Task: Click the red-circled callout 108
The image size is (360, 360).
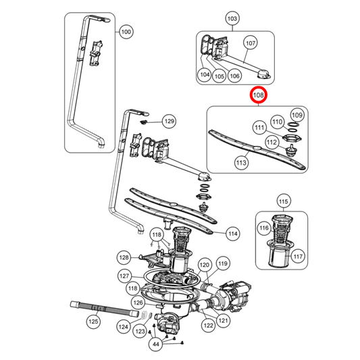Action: (259, 97)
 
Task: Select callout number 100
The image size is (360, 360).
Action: (126, 32)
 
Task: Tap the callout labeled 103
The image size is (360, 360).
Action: (232, 18)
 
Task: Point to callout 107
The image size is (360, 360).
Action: (250, 43)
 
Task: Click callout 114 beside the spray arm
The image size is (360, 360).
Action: (232, 234)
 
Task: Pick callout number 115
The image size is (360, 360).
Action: (284, 201)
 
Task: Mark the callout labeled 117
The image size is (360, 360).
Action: (299, 256)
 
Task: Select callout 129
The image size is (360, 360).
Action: (169, 122)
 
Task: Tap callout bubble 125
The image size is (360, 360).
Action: (93, 322)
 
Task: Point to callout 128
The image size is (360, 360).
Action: (124, 257)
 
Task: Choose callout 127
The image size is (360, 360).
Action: (124, 276)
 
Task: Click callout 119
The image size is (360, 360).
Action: (223, 263)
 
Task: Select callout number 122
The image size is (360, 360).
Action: (209, 326)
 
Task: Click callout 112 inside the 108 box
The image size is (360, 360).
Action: (272, 143)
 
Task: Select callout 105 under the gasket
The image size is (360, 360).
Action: (219, 76)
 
